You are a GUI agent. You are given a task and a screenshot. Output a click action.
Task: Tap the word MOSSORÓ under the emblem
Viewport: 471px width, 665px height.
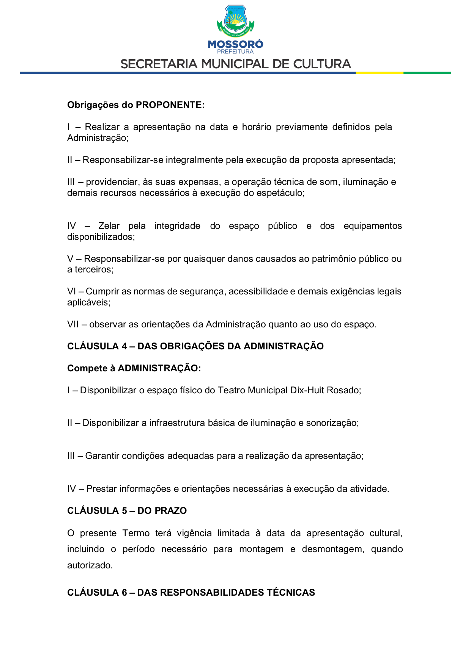click(235, 44)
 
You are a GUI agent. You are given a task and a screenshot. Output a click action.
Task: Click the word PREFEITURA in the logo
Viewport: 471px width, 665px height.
click(235, 52)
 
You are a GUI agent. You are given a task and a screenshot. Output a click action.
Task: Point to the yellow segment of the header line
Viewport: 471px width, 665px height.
click(379, 73)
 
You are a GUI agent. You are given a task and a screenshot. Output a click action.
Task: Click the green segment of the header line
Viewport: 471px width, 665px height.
click(427, 73)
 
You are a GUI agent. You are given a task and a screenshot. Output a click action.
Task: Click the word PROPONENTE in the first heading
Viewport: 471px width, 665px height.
click(170, 105)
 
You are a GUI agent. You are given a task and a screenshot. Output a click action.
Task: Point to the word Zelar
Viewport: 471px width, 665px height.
click(109, 226)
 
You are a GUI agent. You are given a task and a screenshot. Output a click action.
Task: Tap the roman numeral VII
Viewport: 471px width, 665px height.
click(72, 324)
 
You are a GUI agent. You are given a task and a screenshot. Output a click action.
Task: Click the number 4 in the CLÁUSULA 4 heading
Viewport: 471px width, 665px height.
click(124, 346)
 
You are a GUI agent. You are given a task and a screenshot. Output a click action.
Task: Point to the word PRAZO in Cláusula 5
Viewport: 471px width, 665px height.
click(173, 511)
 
